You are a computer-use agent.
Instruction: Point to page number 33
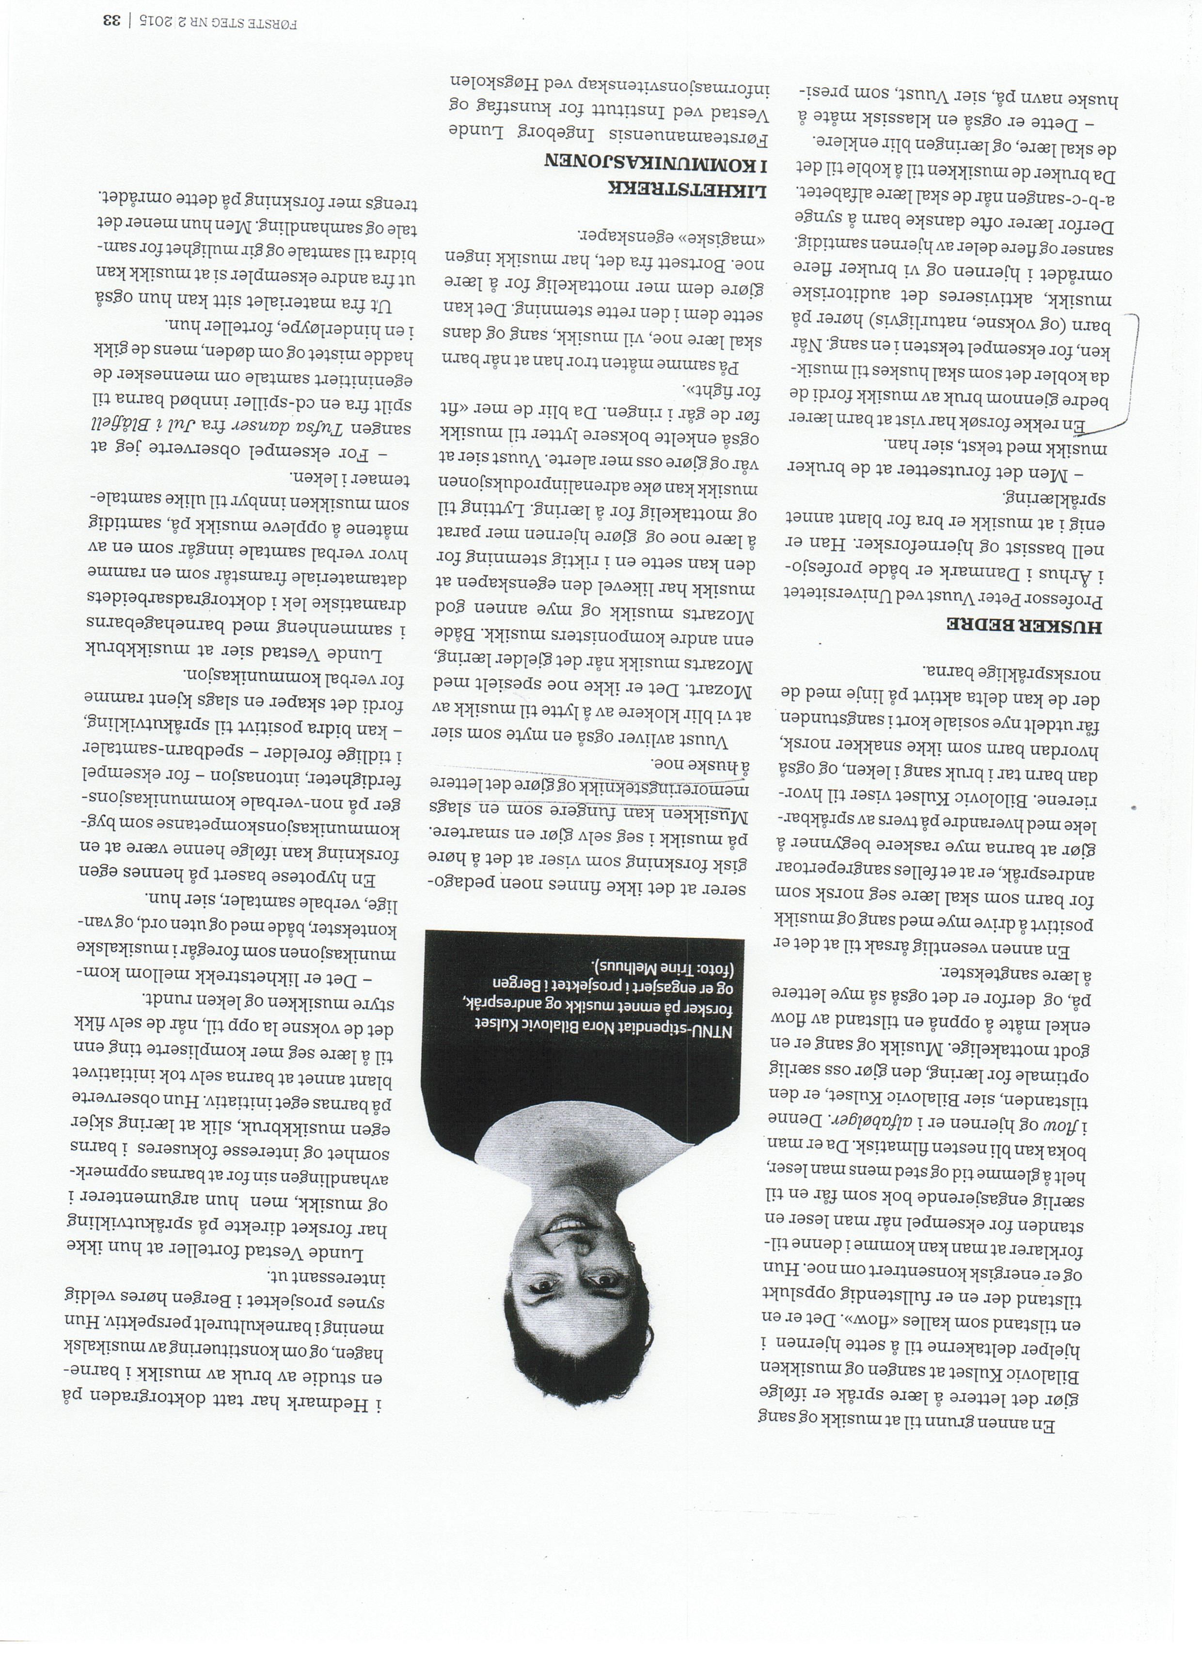click(x=111, y=20)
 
